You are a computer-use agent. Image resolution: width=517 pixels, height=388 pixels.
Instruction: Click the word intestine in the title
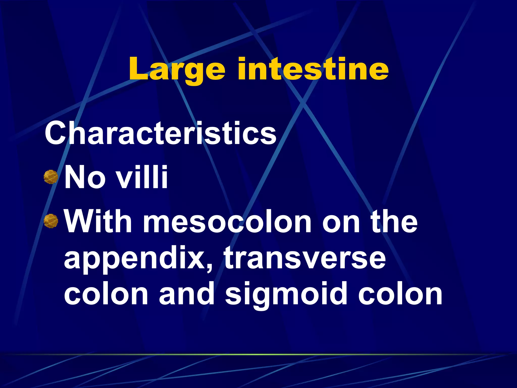[x=313, y=69]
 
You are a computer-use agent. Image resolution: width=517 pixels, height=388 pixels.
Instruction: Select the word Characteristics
[x=161, y=133]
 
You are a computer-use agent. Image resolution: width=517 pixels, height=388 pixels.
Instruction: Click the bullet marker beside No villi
[x=51, y=177]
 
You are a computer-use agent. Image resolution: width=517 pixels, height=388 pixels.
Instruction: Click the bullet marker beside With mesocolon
[x=51, y=221]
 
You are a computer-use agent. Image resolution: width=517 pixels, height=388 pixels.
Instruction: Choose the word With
[x=98, y=221]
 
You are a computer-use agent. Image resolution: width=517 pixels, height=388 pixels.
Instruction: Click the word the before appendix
[x=394, y=221]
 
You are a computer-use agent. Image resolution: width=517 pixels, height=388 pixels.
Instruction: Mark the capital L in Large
[x=138, y=69]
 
